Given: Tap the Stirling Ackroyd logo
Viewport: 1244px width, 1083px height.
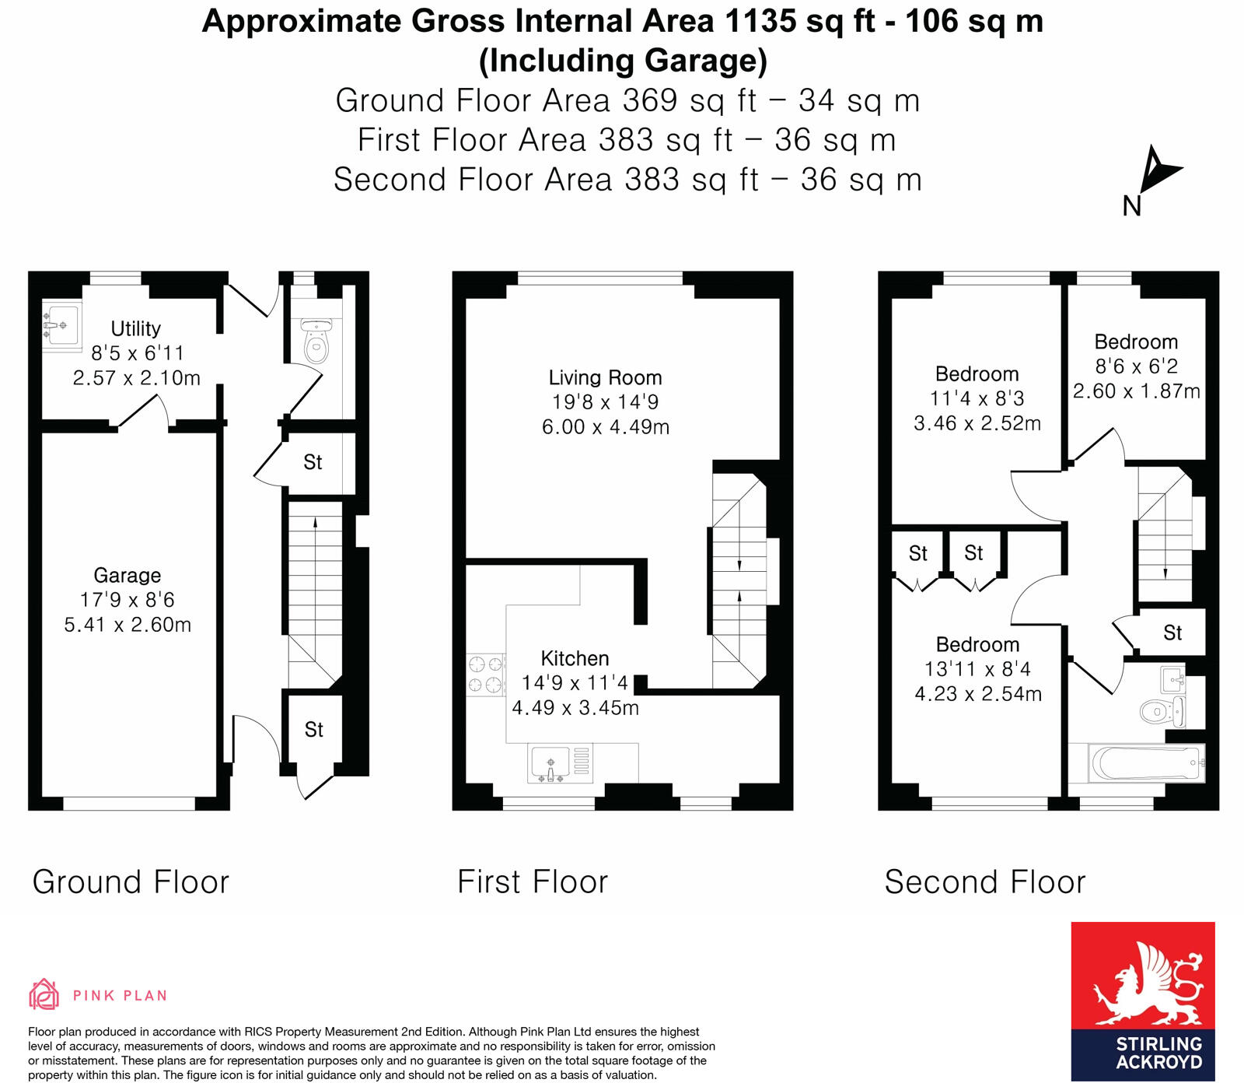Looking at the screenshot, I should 1142,1001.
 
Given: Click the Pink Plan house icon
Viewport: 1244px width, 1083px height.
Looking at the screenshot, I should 44,994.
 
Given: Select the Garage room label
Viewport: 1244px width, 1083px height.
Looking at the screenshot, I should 128,576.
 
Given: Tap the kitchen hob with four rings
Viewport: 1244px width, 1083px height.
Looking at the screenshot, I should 485,675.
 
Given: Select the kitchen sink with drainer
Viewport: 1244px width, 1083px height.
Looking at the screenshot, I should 560,763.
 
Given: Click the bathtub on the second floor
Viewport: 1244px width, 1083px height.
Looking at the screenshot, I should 1146,763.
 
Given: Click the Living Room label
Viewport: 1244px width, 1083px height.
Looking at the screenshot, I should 605,378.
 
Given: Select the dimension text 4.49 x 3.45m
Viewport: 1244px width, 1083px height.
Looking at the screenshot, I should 575,708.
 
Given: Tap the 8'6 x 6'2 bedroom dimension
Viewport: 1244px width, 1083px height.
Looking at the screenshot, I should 1136,366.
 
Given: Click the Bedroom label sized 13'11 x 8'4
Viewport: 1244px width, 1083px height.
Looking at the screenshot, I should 977,645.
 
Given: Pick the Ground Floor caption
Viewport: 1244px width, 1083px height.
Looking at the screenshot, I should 131,882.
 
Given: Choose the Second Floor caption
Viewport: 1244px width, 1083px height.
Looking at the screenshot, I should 984,882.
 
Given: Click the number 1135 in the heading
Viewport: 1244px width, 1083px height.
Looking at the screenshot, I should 761,21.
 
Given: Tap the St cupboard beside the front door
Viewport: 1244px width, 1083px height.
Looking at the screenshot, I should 313,730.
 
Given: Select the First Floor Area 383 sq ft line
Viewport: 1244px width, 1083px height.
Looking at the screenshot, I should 627,141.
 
